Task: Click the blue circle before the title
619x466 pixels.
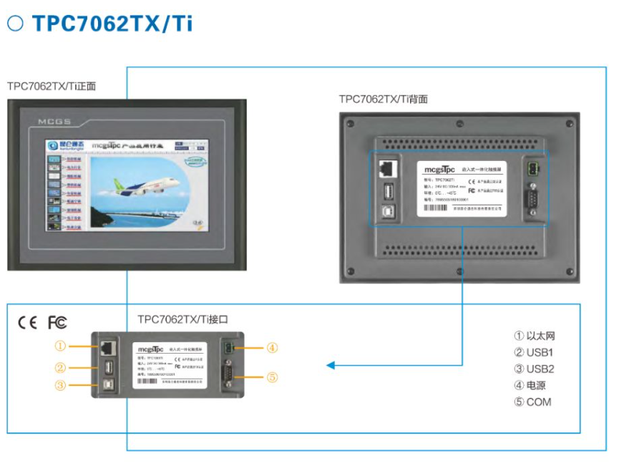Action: [x=15, y=23]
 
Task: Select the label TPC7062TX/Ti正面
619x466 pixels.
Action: [x=52, y=86]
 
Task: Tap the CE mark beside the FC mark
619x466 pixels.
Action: [x=27, y=323]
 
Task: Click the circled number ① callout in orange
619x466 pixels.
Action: [x=60, y=346]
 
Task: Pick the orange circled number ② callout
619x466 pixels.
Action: [x=60, y=368]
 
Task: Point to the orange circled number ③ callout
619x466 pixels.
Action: [x=60, y=385]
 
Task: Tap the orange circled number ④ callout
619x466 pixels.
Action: [x=272, y=348]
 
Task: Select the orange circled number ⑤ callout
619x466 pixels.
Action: [x=272, y=377]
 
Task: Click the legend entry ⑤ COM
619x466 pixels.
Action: [x=533, y=402]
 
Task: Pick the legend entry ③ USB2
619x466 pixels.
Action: [x=534, y=369]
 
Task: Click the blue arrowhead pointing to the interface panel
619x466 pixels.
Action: [x=331, y=366]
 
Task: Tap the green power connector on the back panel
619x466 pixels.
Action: [x=532, y=170]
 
